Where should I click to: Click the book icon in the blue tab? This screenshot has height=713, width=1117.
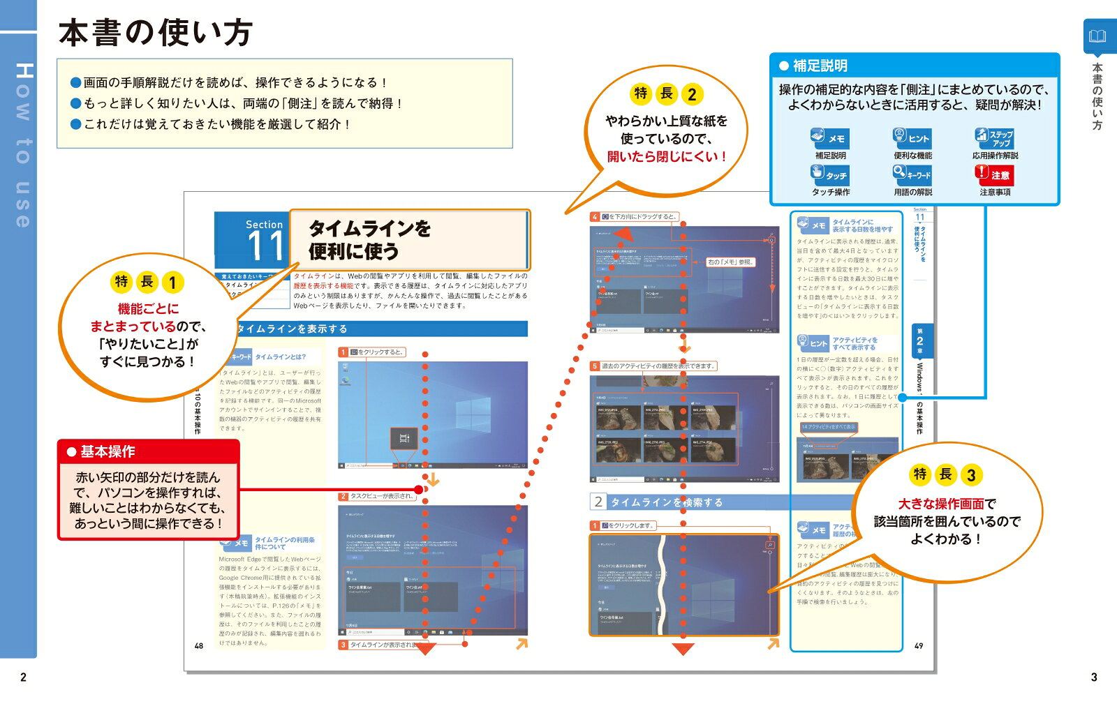point(1098,36)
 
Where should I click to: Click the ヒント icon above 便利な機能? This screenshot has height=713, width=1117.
point(912,137)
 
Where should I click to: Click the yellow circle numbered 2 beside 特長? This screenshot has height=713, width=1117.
point(691,94)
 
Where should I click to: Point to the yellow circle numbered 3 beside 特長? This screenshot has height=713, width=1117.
point(970,475)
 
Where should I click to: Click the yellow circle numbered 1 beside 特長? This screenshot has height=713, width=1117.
point(172,283)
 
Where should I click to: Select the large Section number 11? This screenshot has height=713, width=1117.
point(265,246)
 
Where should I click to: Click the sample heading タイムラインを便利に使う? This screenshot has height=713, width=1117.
point(370,239)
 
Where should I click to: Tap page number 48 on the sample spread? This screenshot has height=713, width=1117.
point(199,645)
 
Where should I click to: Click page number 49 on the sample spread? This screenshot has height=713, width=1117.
point(919,645)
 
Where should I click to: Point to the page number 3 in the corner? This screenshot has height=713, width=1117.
point(1094,677)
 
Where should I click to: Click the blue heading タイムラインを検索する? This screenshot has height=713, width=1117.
point(666,502)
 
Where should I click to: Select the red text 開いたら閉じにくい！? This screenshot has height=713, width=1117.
point(666,157)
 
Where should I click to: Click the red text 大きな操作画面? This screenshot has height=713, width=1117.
point(940,504)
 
